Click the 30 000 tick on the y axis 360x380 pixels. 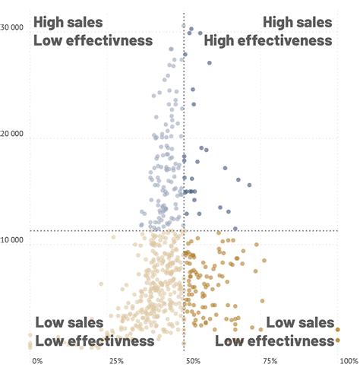13,28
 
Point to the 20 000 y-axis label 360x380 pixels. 13,135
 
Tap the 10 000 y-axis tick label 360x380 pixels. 13,240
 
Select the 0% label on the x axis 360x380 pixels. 37,361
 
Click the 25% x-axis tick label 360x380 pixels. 116,361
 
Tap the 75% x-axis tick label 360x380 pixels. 270,361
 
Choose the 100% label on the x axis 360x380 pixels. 349,361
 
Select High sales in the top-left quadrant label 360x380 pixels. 68,23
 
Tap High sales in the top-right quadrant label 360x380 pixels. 298,23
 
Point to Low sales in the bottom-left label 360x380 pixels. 69,322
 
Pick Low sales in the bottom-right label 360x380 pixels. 300,322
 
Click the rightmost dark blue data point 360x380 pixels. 248,185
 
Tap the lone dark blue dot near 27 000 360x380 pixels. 210,63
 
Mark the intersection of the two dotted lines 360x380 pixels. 184,230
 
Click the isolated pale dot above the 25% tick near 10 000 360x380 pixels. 113,237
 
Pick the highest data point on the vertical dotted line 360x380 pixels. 184,27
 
